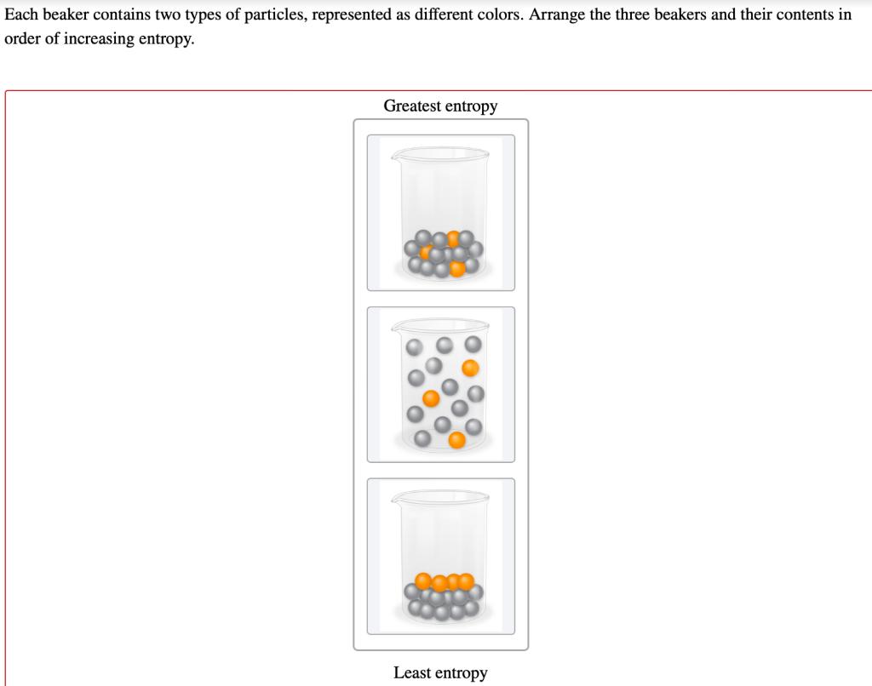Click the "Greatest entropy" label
(x=440, y=106)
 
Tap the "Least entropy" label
(x=440, y=673)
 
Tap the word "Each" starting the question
(x=21, y=15)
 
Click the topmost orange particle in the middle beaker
(x=470, y=368)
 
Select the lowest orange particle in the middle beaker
(x=457, y=439)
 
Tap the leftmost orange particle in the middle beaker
(x=432, y=397)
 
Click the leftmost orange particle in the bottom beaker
(x=423, y=580)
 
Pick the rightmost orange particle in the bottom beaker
(x=466, y=581)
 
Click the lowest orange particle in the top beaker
(x=457, y=269)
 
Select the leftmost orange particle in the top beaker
(x=427, y=251)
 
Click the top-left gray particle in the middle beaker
(x=414, y=347)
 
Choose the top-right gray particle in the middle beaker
(x=473, y=344)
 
